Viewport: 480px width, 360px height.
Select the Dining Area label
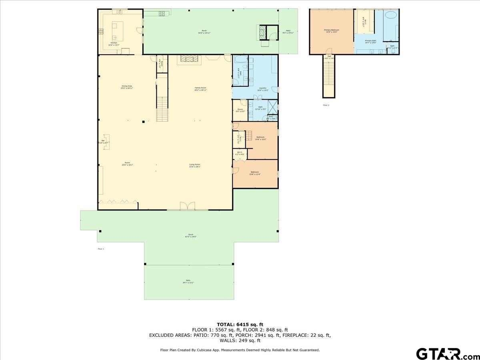pos(127,87)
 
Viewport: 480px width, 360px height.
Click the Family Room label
pos(200,89)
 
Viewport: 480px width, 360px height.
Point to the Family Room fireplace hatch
pos(189,59)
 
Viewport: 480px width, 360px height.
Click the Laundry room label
pos(263,89)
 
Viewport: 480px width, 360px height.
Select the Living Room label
pos(195,166)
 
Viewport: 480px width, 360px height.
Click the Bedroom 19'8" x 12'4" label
pos(255,173)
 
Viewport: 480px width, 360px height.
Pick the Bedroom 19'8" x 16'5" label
pos(260,138)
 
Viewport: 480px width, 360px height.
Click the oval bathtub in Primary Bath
pos(391,15)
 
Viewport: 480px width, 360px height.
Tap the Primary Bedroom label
pos(331,31)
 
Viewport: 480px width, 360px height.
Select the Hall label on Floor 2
pos(329,57)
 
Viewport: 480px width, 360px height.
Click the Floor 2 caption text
pos(326,105)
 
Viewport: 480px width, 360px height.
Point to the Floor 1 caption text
pos(101,249)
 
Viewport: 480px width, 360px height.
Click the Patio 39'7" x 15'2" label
pos(188,281)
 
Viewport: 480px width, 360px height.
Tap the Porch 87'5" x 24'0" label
pos(191,235)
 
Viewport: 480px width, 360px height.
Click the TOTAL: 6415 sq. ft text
pos(240,324)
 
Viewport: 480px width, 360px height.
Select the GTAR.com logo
pos(444,354)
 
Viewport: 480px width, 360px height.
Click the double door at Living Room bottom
pos(187,206)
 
